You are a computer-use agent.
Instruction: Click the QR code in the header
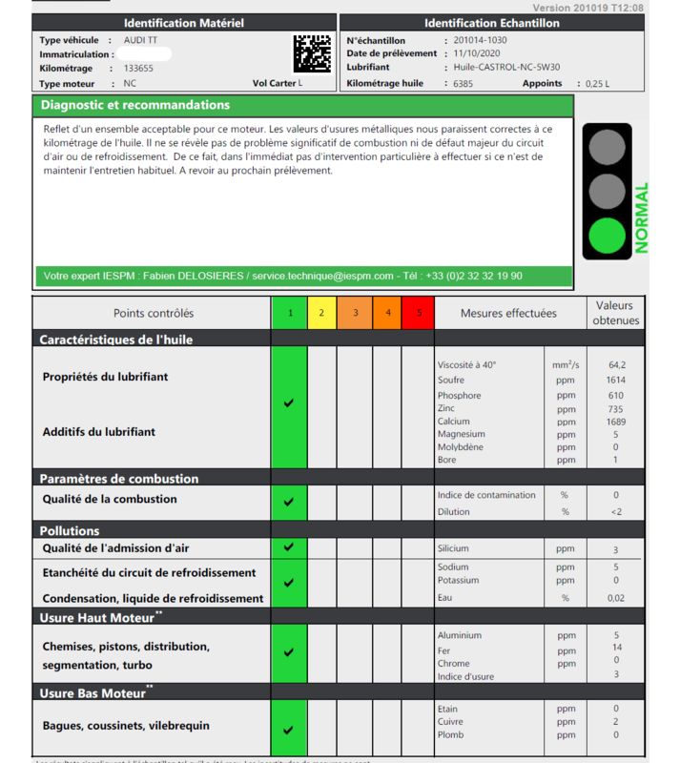311,54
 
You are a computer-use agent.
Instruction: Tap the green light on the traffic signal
607,235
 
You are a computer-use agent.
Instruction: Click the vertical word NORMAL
642,217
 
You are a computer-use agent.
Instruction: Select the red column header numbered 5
418,313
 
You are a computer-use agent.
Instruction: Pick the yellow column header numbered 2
322,313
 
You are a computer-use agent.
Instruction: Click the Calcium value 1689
616,422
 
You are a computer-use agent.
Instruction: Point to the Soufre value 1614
616,381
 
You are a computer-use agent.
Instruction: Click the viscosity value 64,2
616,364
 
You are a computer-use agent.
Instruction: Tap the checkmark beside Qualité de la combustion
289,502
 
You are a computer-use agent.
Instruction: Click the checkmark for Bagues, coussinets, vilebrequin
289,731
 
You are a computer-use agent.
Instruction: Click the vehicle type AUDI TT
141,41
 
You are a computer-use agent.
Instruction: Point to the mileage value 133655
138,69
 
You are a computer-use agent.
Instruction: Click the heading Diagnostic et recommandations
134,105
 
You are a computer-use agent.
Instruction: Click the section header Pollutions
70,530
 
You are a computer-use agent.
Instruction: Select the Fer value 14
617,649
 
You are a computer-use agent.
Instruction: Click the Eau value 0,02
616,598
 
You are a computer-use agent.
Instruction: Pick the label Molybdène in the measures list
460,447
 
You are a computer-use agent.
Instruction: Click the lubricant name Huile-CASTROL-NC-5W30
506,68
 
